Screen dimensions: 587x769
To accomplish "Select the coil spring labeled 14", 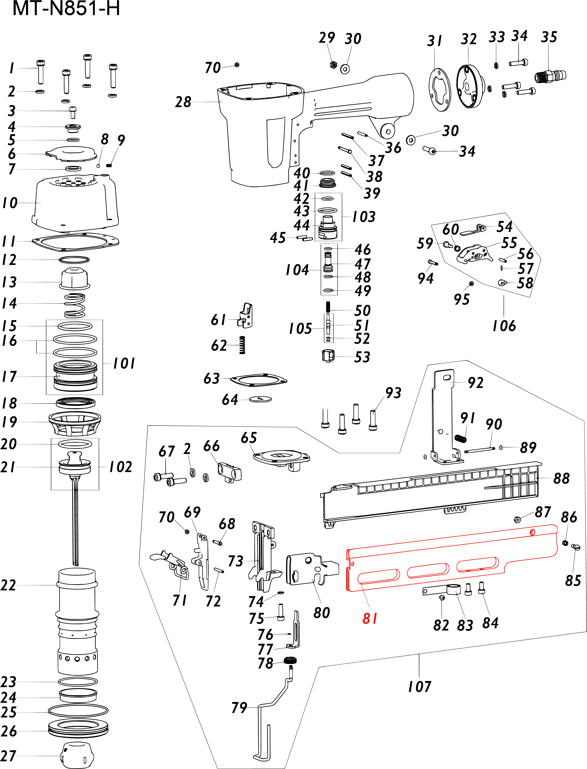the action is tap(74, 305).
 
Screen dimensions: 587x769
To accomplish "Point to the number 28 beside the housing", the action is tap(183, 102).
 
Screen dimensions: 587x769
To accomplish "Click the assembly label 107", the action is tap(420, 687).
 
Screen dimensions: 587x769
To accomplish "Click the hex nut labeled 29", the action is tap(333, 65).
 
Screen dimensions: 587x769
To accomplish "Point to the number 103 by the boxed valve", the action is tap(364, 217).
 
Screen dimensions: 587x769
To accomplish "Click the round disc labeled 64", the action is tap(261, 399).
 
